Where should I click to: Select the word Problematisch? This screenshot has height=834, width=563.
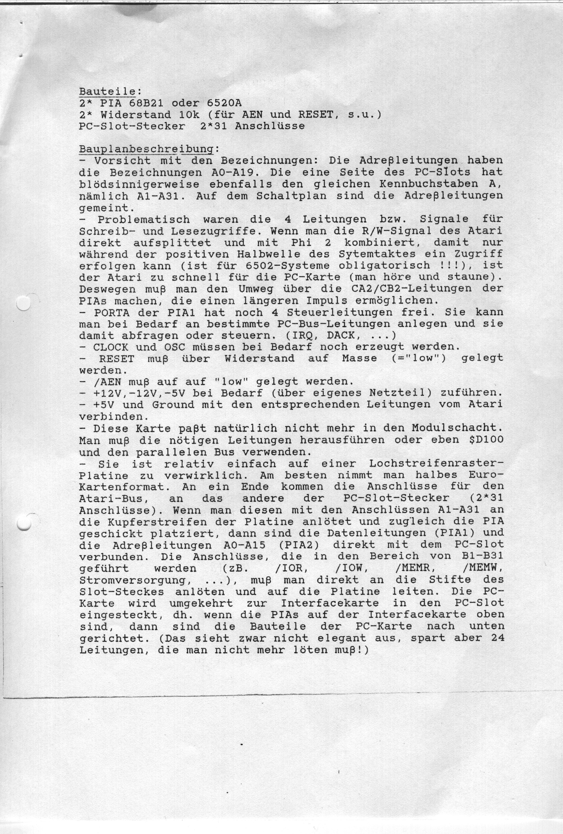coord(144,219)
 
